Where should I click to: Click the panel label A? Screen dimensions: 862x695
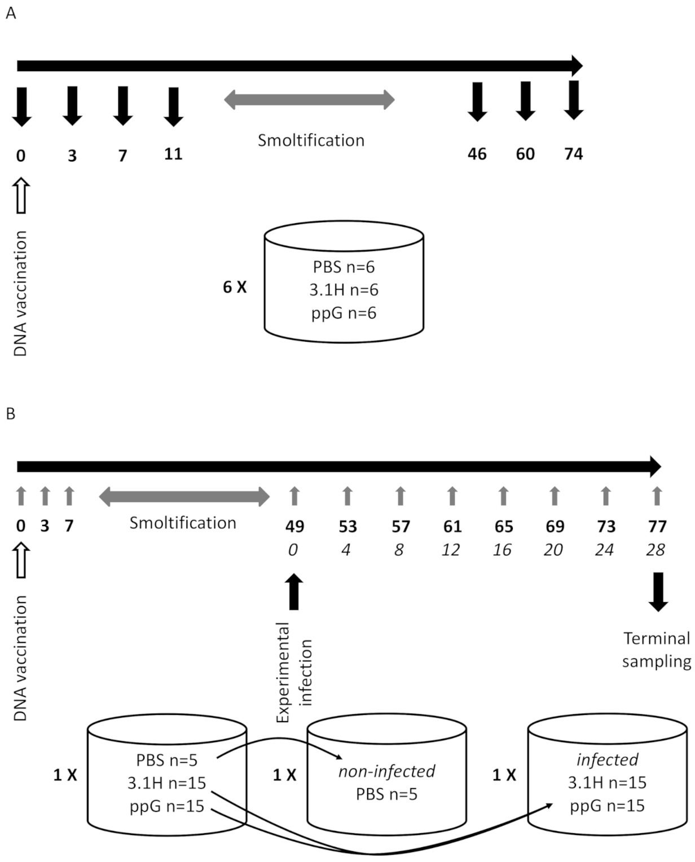(11, 13)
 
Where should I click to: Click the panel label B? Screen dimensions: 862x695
(11, 414)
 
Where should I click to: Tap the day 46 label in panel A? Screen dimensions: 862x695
(477, 154)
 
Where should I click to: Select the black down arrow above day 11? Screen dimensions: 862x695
(173, 106)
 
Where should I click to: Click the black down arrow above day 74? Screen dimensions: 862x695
(574, 100)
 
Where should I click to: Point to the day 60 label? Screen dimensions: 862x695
(525, 154)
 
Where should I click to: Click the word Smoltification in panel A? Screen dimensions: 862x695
(311, 140)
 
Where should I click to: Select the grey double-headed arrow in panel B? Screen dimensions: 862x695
(184, 497)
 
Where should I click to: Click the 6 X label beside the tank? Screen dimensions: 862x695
(235, 287)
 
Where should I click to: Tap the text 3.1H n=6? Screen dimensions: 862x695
(344, 290)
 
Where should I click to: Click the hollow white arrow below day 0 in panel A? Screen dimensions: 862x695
(21, 195)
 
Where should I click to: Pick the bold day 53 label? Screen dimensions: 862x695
(347, 527)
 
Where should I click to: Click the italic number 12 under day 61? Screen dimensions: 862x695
(451, 550)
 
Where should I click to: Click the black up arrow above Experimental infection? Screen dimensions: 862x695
(294, 591)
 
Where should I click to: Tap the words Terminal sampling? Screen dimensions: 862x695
(657, 649)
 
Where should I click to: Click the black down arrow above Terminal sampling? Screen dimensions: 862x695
(658, 591)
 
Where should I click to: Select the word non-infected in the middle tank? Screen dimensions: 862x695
(386, 771)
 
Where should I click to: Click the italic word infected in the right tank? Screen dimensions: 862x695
(607, 759)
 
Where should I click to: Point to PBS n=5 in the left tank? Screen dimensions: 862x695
(166, 760)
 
